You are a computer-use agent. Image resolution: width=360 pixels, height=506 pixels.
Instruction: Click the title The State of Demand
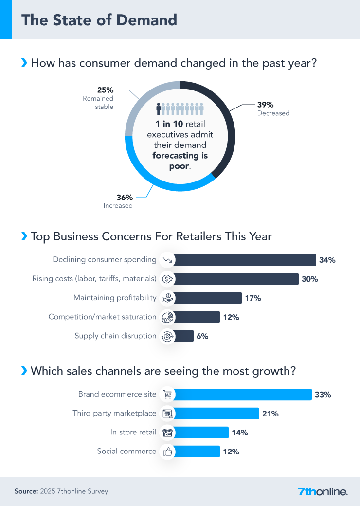[99, 20]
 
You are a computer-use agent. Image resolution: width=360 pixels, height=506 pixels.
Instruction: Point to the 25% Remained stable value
[106, 90]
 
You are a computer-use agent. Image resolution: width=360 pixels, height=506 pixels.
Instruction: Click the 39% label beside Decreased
[265, 105]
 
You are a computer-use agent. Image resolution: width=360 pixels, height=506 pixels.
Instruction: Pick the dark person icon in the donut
[158, 108]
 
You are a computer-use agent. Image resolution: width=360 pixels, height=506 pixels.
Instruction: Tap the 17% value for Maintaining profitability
[253, 298]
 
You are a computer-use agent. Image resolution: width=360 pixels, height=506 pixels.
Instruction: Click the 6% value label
[202, 336]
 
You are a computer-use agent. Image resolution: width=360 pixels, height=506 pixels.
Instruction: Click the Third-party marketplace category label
[114, 413]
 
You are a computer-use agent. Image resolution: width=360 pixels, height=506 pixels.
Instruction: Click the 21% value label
[270, 414]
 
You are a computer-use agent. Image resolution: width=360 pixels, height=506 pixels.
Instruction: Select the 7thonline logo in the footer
[323, 491]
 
